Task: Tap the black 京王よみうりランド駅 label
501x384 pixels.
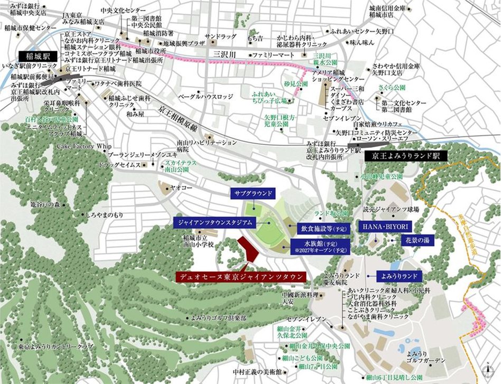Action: pos(406,156)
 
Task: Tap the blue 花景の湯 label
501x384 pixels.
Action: pos(418,240)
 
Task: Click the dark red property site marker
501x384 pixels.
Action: pos(247,248)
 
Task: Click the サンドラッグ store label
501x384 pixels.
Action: pos(220,36)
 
